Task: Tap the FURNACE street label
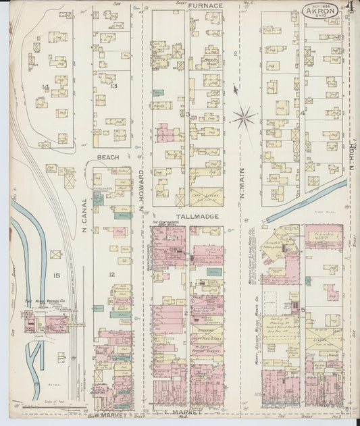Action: coord(205,5)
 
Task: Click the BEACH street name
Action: coord(108,157)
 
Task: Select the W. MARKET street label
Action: coord(111,415)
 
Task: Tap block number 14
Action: coord(45,86)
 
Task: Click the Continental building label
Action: coord(164,222)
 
